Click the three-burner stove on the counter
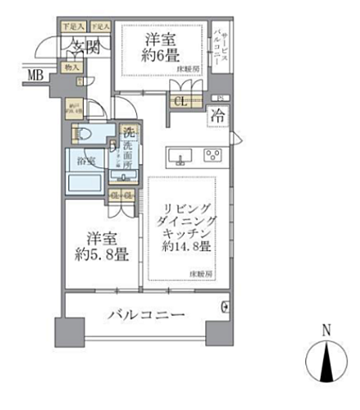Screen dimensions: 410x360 coord(212,155)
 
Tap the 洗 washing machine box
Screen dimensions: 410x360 coord(129,133)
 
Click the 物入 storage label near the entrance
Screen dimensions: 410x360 coord(72,67)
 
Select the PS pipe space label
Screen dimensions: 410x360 coord(216,98)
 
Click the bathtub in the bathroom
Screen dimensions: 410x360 coord(86,181)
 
